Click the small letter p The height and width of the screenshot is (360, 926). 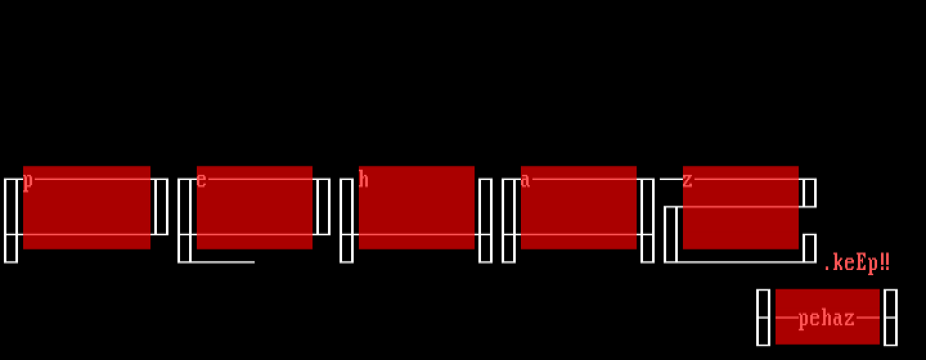point(28,182)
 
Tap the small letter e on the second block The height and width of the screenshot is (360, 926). point(201,181)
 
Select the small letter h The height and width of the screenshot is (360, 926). point(363,179)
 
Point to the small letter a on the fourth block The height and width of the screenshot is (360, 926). point(525,181)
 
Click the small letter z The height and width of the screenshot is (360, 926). point(687,181)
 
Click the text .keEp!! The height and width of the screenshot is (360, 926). point(857,263)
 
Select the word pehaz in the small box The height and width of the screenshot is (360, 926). point(826,319)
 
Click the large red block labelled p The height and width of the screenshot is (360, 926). point(87,208)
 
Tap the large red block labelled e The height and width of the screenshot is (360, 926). point(255,208)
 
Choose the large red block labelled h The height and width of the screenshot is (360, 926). point(417,208)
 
